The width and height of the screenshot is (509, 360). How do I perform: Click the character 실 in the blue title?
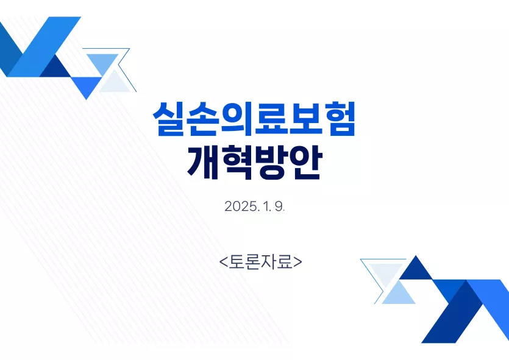(x=168, y=119)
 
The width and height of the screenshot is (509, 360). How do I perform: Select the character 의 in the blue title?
(x=237, y=119)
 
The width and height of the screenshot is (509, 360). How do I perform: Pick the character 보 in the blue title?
(x=305, y=119)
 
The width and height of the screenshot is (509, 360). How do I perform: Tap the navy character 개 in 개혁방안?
(x=203, y=162)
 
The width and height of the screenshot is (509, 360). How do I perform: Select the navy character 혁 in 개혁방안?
(x=237, y=162)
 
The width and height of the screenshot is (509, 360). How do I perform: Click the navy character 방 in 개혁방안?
(x=271, y=162)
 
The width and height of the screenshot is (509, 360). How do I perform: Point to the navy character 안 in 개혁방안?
(x=306, y=162)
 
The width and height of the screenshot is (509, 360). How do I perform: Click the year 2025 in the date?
(x=241, y=206)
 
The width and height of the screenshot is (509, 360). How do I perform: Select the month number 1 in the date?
(x=266, y=206)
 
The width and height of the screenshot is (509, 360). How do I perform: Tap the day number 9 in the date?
(x=279, y=206)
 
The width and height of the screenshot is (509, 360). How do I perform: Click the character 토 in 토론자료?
(x=236, y=262)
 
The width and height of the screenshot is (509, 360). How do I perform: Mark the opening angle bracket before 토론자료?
(x=223, y=262)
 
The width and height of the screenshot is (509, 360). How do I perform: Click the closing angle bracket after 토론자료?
(x=297, y=262)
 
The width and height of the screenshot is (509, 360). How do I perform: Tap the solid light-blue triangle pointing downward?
(x=102, y=62)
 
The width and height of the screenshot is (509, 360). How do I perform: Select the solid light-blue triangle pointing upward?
(x=398, y=295)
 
